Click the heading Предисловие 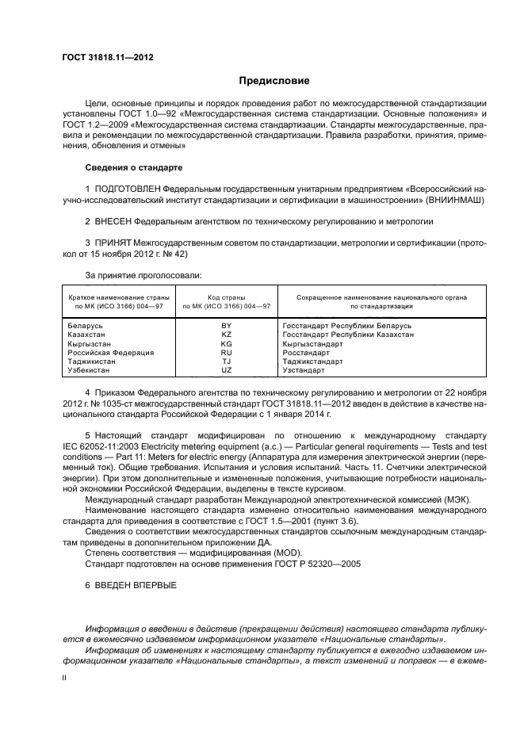pos(274,81)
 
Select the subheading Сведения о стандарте pos(133,168)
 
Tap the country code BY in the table pos(227,326)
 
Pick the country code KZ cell pos(227,335)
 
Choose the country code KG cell pos(227,344)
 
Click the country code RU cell pos(227,353)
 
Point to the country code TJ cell pos(227,361)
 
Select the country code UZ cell pos(227,370)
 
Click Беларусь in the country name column pos(86,326)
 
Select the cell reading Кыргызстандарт pos(313,344)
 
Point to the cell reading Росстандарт pos(306,353)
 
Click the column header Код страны pos(227,296)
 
